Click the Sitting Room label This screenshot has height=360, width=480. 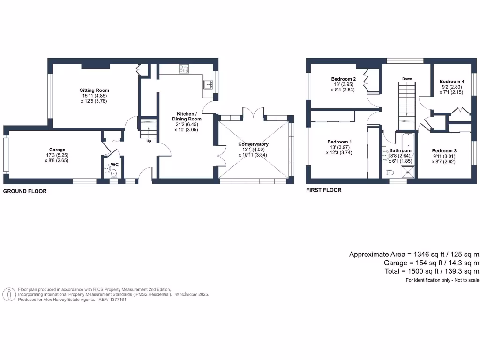pos(94,90)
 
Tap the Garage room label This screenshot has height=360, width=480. pos(58,150)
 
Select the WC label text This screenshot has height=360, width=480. pos(114,165)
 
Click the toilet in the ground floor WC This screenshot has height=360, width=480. pos(114,174)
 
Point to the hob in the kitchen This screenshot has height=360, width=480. pos(183,69)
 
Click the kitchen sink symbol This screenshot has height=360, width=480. pos(208,84)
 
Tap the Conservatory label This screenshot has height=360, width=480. pos(253,144)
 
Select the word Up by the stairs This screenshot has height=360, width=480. pos(148,141)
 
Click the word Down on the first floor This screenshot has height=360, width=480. pos(407,79)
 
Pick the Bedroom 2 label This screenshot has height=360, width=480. pos(343,79)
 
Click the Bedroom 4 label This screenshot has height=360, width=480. pos(452,81)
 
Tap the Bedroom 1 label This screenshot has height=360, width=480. pos(339,142)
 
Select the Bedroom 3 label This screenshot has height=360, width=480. pos(444,151)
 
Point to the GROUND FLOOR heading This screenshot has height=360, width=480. pos(25,191)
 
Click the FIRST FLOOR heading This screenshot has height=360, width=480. pos(323,190)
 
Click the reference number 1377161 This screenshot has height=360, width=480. pos(117,299)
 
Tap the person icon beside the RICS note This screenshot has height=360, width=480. pos(9,294)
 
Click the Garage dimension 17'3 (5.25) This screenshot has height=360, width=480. pos(58,155)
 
